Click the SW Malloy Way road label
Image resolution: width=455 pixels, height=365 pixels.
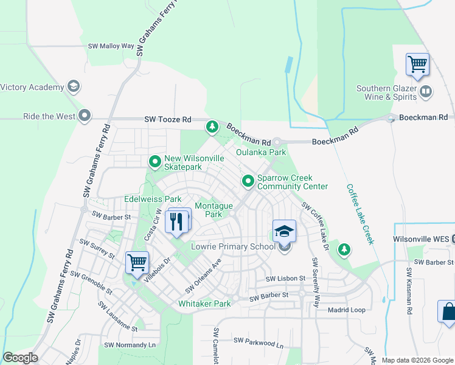pos(111,46)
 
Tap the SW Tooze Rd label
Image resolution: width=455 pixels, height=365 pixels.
pos(168,120)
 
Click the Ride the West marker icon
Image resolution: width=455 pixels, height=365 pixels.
pos(84,116)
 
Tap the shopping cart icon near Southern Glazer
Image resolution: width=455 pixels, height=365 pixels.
pos(417,64)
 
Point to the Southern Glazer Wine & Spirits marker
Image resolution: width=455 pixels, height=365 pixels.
pos(426,92)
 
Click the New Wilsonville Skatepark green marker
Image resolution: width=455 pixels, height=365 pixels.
pos(155,162)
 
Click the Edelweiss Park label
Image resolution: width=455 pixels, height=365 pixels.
pos(153,199)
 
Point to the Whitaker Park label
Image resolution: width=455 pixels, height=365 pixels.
pos(204,304)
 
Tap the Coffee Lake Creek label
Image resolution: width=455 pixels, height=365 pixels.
pos(360,214)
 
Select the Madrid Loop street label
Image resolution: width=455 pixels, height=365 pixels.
pos(346,310)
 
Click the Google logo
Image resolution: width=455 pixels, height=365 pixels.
pos(20,358)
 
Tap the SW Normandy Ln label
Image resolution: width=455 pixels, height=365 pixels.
pos(130,345)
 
